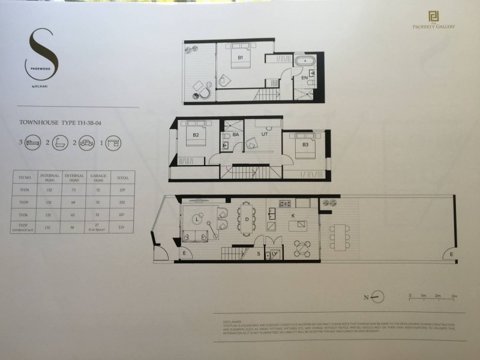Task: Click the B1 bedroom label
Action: click(240, 58)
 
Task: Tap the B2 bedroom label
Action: click(196, 134)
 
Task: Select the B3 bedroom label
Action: click(305, 145)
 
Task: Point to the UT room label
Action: click(263, 135)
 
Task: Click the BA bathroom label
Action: click(236, 135)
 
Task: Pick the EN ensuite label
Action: click(304, 78)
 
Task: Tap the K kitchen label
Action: click(293, 214)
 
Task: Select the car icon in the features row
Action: click(87, 144)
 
